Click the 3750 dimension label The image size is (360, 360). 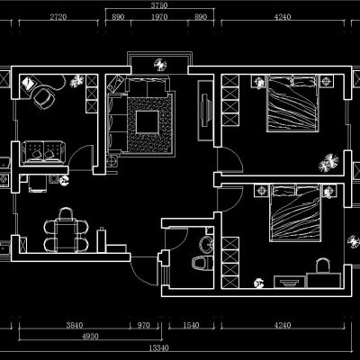(159, 5)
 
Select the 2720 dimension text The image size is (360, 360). (58, 17)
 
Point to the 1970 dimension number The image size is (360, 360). (159, 17)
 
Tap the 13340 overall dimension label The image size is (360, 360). (159, 348)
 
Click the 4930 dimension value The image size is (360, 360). (90, 337)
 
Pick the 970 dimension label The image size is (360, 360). (143, 325)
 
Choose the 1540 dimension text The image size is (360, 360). (191, 325)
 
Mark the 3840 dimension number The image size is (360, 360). (75, 325)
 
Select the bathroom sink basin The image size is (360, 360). (207, 244)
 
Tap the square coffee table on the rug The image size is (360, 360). (147, 122)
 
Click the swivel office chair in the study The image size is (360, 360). (44, 96)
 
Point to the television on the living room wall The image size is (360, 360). (205, 110)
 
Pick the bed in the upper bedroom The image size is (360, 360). (292, 103)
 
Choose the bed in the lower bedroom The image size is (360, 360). (295, 213)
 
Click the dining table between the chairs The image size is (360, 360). (66, 236)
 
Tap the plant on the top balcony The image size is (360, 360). (160, 65)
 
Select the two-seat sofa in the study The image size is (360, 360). (43, 152)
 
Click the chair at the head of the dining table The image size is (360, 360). (66, 214)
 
